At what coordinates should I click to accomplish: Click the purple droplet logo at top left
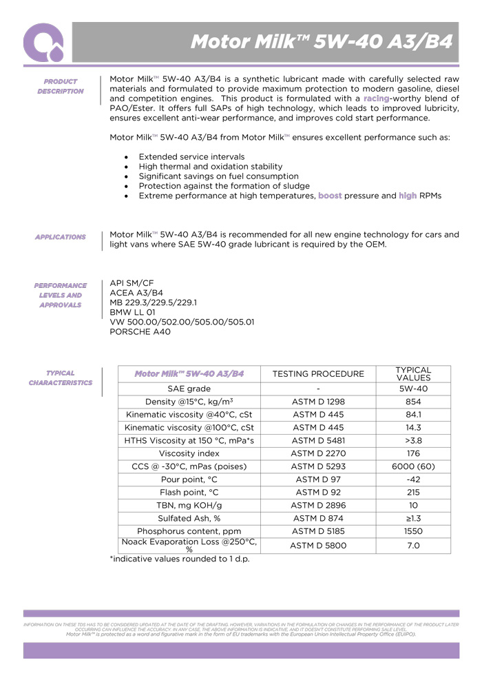43,43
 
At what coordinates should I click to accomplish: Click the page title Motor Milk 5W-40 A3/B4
321,42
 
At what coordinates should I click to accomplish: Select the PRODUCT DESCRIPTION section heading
61,86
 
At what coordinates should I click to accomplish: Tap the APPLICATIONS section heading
61,237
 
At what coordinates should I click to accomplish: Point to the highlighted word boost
334,196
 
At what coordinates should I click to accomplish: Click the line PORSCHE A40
140,331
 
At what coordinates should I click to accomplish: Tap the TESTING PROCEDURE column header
318,374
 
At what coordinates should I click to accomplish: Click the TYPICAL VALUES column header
413,374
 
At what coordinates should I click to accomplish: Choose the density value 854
413,402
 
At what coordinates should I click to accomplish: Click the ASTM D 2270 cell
318,453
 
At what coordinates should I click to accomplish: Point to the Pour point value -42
413,479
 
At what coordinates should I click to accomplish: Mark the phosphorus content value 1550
413,531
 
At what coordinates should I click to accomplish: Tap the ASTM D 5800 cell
318,546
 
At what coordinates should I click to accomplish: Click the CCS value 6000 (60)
413,466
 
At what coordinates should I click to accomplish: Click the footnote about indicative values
180,559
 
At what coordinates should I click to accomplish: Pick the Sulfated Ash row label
189,518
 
